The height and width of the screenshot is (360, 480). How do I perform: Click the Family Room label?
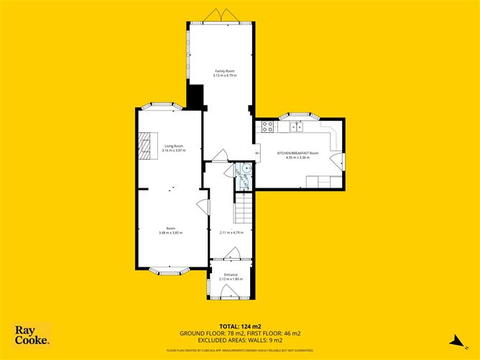[226, 70]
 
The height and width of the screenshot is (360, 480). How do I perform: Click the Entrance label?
[231, 274]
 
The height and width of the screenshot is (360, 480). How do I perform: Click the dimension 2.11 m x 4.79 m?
[231, 233]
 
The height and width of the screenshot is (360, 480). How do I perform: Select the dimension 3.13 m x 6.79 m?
[226, 75]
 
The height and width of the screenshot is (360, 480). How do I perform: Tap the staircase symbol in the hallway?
[245, 209]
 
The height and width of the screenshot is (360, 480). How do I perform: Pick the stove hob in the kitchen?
[267, 127]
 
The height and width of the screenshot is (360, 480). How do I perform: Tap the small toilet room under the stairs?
[244, 176]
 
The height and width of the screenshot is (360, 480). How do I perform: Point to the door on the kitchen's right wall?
[338, 162]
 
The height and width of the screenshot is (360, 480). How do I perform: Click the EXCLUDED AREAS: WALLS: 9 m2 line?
[239, 341]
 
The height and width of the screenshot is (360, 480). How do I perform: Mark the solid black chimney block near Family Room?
[194, 95]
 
